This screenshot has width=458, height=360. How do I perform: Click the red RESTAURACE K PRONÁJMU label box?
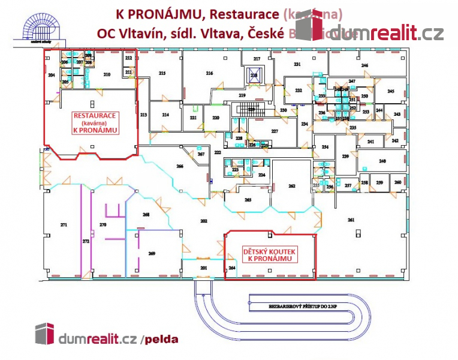point(95,122)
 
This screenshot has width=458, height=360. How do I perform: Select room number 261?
point(351,220)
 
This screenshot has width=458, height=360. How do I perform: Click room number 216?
point(209,73)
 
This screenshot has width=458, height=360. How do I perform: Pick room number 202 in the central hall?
point(203,221)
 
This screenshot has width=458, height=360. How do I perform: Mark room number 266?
point(179,166)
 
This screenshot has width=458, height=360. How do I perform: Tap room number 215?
point(162,73)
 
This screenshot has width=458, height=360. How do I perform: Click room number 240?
point(382,161)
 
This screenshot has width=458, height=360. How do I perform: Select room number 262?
point(292,187)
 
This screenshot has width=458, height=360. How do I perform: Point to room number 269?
point(152,254)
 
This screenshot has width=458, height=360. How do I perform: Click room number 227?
point(275,131)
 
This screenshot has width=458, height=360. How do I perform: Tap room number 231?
point(296,64)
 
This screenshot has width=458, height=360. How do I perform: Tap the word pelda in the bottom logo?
point(161,340)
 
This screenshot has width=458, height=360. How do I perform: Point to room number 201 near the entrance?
point(203,267)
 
